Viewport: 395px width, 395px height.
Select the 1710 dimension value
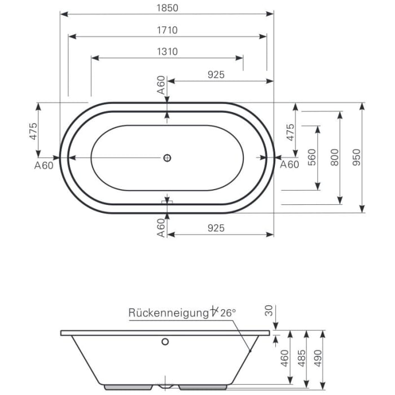coord(167,30)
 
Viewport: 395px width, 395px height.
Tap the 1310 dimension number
coord(167,51)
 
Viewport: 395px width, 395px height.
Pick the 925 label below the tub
coord(216,227)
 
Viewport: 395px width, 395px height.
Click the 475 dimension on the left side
coord(33,131)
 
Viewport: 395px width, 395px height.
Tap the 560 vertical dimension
coord(312,157)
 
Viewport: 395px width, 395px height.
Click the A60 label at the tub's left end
coord(44,165)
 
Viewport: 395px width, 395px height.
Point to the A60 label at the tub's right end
coord(289,165)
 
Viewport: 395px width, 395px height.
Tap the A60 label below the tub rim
coord(161,227)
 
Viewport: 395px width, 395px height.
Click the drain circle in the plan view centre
coord(167,158)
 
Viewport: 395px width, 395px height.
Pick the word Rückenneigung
coord(168,312)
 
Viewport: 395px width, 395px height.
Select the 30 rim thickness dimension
coord(269,310)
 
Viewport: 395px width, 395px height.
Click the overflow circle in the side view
coord(165,341)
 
